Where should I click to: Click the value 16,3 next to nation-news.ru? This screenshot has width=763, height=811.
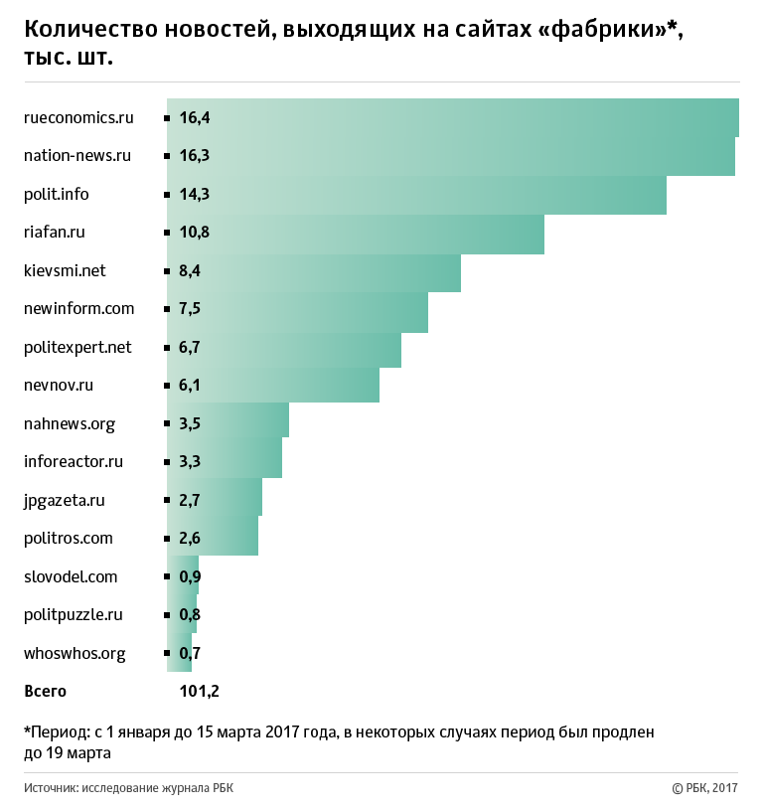pyautogui.click(x=194, y=156)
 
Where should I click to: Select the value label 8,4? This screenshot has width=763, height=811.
pyautogui.click(x=191, y=270)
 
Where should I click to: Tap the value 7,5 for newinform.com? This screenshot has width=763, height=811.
pyautogui.click(x=191, y=308)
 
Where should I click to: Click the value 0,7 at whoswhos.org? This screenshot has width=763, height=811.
pyautogui.click(x=191, y=653)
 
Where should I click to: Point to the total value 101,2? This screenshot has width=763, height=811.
pyautogui.click(x=200, y=691)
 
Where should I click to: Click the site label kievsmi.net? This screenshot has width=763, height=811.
pyautogui.click(x=65, y=270)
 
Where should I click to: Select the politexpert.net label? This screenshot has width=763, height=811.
pyautogui.click(x=77, y=347)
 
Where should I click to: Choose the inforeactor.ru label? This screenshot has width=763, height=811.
pyautogui.click(x=74, y=461)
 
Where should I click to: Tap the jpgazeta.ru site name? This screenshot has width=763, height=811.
pyautogui.click(x=65, y=500)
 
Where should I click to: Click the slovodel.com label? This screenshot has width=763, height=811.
pyautogui.click(x=71, y=576)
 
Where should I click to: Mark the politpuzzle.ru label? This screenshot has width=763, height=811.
pyautogui.click(x=74, y=614)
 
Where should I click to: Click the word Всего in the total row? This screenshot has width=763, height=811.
pyautogui.click(x=45, y=691)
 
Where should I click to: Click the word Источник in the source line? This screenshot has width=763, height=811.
pyautogui.click(x=50, y=788)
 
